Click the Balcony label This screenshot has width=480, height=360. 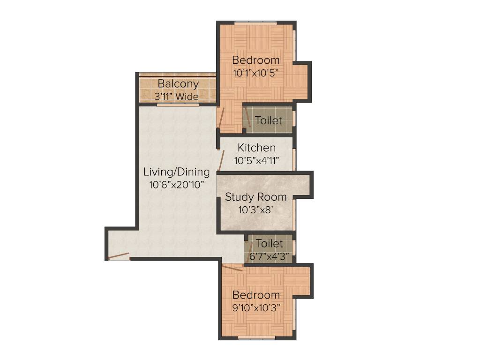tap(178, 84)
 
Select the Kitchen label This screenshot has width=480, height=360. tap(256, 148)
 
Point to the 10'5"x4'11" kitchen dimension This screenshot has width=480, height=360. tap(256, 161)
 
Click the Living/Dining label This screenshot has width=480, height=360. tap(176, 172)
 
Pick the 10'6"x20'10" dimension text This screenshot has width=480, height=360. tap(176, 185)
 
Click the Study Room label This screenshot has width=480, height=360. tap(255, 197)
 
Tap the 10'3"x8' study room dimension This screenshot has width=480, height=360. tap(255, 210)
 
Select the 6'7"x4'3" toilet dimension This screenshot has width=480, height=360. tap(269, 256)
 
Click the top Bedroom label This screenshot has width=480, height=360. tap(256, 60)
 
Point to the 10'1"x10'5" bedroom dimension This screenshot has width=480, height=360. tap(256, 73)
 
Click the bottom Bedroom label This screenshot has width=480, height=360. tap(256, 295)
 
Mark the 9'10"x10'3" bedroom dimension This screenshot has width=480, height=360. tap(256, 308)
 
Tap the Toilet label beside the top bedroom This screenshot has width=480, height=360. tap(269, 120)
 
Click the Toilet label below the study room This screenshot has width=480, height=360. tap(269, 244)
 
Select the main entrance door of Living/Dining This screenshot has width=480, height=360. tap(118, 256)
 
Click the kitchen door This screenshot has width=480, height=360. tap(221, 161)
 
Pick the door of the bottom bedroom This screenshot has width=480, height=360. tap(232, 268)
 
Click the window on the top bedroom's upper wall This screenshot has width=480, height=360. tap(255, 22)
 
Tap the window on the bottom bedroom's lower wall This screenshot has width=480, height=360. tap(256, 337)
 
